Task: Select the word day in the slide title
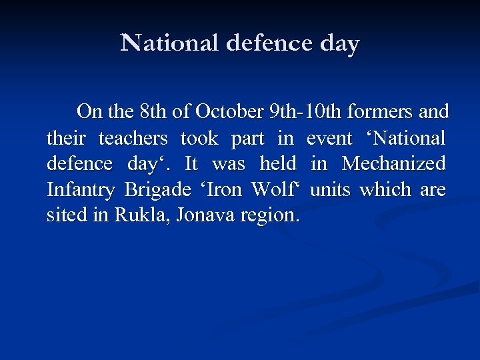pyautogui.click(x=339, y=45)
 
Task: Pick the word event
pyautogui.click(x=329, y=138)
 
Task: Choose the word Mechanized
pyautogui.click(x=393, y=163)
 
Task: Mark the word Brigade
pyautogui.click(x=158, y=191)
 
